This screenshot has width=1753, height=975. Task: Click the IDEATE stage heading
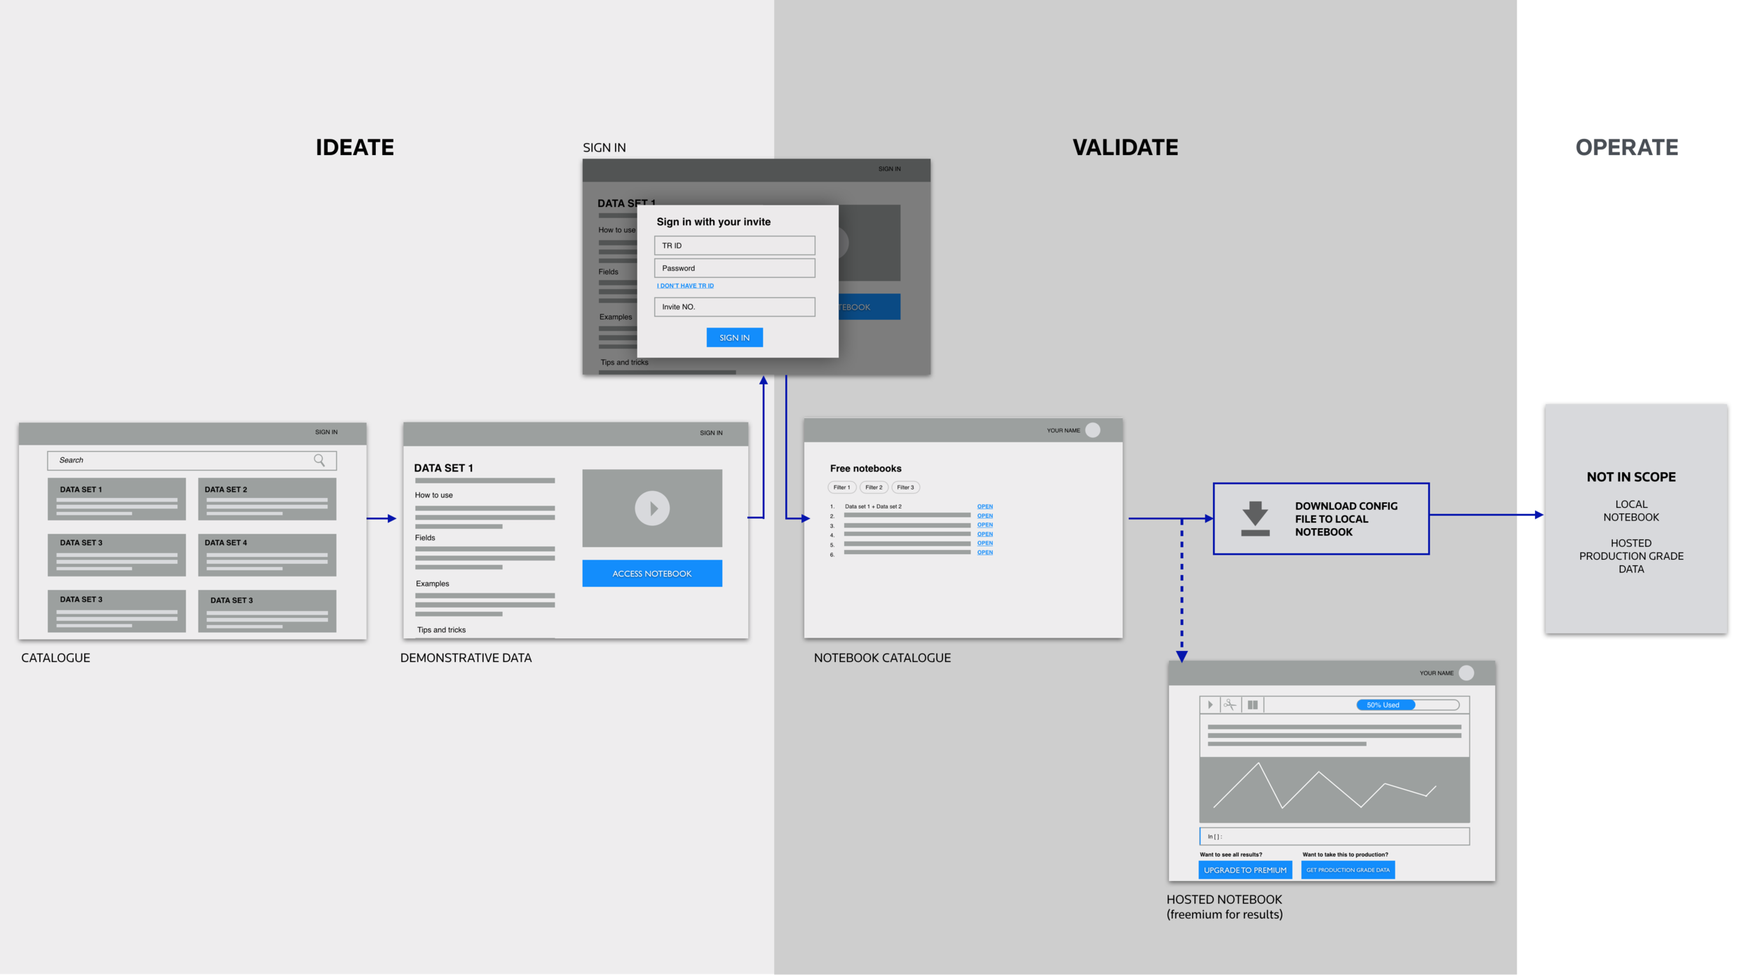click(354, 147)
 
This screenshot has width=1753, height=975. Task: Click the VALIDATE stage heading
click(1125, 147)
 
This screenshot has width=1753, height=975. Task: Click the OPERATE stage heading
click(1626, 147)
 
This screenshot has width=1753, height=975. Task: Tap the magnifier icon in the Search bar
click(319, 460)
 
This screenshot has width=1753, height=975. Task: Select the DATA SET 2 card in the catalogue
click(266, 499)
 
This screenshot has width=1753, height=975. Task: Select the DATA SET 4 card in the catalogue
click(266, 555)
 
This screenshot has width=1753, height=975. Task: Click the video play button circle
click(651, 508)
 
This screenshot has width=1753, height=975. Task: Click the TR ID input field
click(734, 246)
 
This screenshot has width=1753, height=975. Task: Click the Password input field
click(734, 268)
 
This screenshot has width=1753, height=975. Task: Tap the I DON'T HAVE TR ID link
click(685, 285)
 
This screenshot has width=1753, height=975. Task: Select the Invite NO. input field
click(734, 307)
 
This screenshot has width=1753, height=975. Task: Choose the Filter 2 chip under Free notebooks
click(873, 487)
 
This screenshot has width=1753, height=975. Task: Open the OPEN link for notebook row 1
click(984, 506)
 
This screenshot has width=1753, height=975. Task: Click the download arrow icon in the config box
click(1254, 518)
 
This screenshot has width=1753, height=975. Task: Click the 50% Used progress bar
click(1407, 705)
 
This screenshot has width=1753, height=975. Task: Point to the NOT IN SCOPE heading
click(1630, 477)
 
